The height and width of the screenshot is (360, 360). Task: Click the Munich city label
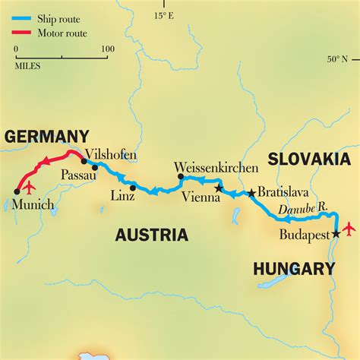pyautogui.click(x=33, y=205)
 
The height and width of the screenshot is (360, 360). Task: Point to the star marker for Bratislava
pyautogui.click(x=251, y=193)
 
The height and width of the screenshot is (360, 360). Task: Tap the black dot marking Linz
pyautogui.click(x=132, y=188)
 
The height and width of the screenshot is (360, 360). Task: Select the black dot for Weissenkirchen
pyautogui.click(x=181, y=176)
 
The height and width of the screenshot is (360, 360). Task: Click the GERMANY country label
pyautogui.click(x=46, y=137)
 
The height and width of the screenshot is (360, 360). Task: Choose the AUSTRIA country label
pyautogui.click(x=152, y=235)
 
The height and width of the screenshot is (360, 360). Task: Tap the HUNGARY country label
pyautogui.click(x=294, y=268)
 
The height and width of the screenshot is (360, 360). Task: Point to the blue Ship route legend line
pyautogui.click(x=22, y=14)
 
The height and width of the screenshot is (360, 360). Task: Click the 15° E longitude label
pyautogui.click(x=165, y=14)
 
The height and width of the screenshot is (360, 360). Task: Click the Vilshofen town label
pyautogui.click(x=112, y=155)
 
